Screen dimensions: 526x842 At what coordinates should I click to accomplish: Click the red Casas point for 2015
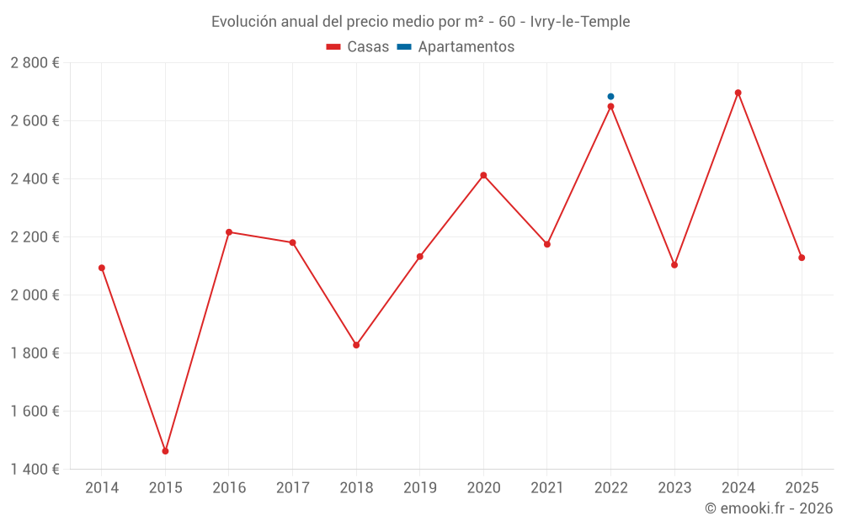pyautogui.click(x=165, y=451)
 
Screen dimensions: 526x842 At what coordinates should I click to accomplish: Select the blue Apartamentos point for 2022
pyautogui.click(x=610, y=97)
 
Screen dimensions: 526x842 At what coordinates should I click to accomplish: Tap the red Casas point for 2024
pyautogui.click(x=738, y=93)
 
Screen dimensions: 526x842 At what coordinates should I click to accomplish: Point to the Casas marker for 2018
pyautogui.click(x=356, y=345)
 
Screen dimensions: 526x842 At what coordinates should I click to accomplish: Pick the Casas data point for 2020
pyautogui.click(x=483, y=175)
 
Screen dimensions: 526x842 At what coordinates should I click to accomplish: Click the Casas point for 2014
pyautogui.click(x=102, y=268)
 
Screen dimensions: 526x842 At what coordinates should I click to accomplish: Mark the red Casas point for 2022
pyautogui.click(x=610, y=107)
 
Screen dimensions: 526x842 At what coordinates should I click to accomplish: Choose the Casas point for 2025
pyautogui.click(x=802, y=258)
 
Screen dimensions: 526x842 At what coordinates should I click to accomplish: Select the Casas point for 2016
pyautogui.click(x=229, y=232)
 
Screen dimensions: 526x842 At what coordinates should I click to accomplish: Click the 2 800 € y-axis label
pyautogui.click(x=35, y=63)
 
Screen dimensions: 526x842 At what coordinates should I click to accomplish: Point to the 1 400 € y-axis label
pyautogui.click(x=35, y=470)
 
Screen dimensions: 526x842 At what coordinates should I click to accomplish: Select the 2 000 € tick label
pyautogui.click(x=35, y=295)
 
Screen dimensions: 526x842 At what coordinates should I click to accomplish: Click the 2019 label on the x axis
pyautogui.click(x=419, y=488)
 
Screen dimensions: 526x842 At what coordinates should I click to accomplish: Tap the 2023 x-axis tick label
pyautogui.click(x=674, y=488)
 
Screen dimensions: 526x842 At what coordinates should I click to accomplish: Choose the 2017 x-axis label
pyautogui.click(x=292, y=488)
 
